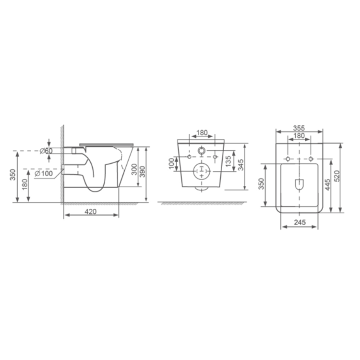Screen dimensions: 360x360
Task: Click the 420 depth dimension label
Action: (x=90, y=212)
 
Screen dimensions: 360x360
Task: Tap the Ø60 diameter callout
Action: (x=46, y=151)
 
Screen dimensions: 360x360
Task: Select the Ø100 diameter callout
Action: (x=44, y=173)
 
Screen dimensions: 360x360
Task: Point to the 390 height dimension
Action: (x=143, y=171)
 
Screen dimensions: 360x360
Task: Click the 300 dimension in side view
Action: (x=134, y=169)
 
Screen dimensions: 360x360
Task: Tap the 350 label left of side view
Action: (x=13, y=175)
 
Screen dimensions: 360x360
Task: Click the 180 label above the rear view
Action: (x=202, y=132)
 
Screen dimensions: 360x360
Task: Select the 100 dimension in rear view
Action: (x=171, y=163)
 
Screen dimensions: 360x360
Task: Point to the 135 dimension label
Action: (x=228, y=161)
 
